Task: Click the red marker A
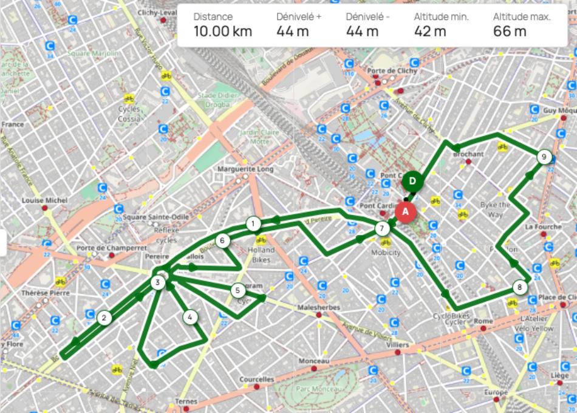pyautogui.click(x=405, y=211)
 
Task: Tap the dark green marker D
pyautogui.click(x=412, y=181)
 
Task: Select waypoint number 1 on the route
pyautogui.click(x=252, y=224)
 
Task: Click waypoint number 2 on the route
pyautogui.click(x=104, y=317)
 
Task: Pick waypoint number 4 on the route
pyautogui.click(x=190, y=316)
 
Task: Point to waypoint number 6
pyautogui.click(x=223, y=241)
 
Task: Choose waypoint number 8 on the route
pyautogui.click(x=518, y=287)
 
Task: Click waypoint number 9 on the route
pyautogui.click(x=544, y=157)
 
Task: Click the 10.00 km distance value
pyautogui.click(x=222, y=32)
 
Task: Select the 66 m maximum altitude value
pyautogui.click(x=510, y=32)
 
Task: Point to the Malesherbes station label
pyautogui.click(x=319, y=308)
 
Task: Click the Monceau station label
pyautogui.click(x=313, y=361)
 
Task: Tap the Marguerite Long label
pyautogui.click(x=245, y=169)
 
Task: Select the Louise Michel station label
pyautogui.click(x=45, y=200)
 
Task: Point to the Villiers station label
pyautogui.click(x=398, y=344)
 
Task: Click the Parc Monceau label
pyautogui.click(x=315, y=388)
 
